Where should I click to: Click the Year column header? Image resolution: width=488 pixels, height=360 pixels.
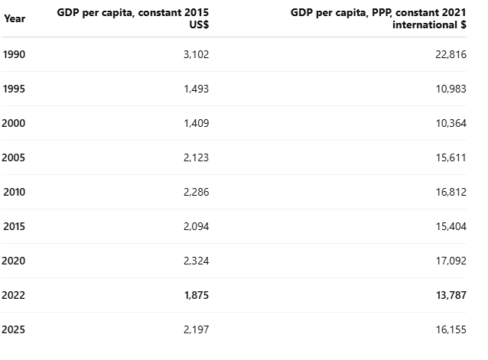pos(15,18)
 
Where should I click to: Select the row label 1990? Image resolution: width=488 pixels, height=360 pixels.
pos(14,54)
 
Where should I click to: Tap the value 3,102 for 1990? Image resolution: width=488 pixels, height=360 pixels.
pos(196,54)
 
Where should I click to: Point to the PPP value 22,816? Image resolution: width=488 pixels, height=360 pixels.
pos(451,54)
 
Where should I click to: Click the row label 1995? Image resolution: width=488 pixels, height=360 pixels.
pos(14,89)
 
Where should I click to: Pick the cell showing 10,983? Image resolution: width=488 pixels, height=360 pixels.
pos(451,89)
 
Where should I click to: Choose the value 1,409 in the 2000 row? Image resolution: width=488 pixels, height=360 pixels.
pos(196,123)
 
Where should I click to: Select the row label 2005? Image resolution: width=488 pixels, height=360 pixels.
pos(13,157)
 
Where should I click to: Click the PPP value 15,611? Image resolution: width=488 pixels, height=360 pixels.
pos(451,157)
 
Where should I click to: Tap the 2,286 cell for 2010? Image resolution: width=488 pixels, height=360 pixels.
pos(196,192)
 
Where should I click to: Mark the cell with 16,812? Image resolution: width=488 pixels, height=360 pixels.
pos(451,192)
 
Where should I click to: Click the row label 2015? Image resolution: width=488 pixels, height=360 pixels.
pos(14,226)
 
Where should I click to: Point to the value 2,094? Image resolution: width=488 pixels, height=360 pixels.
pos(196,226)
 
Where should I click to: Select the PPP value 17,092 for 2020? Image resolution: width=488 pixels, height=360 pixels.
pos(451,261)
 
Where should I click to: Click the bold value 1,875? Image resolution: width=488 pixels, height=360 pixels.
pos(197,295)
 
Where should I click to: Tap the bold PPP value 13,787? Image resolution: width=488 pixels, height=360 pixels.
pos(451,295)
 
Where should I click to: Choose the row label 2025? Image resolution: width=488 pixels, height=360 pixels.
pos(13,329)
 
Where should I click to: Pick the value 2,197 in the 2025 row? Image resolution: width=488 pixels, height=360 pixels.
pos(196,329)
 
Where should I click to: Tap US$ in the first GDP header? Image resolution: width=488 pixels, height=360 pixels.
pos(199,24)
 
